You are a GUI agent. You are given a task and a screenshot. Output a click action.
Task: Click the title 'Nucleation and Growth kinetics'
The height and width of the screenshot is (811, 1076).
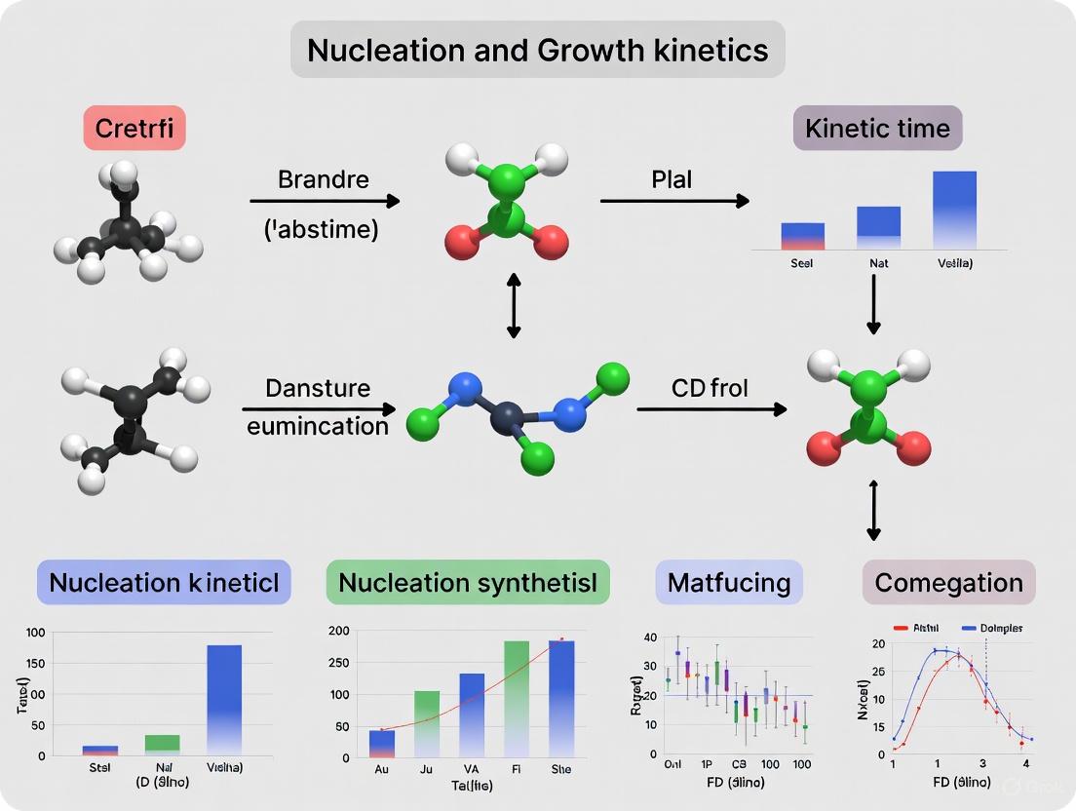537,50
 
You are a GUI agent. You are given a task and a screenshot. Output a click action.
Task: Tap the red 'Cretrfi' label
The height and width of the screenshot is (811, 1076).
135,128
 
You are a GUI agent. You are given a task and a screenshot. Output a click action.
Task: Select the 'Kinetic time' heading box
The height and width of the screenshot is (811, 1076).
877,128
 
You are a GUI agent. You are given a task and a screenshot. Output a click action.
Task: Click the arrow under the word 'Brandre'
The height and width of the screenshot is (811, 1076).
325,201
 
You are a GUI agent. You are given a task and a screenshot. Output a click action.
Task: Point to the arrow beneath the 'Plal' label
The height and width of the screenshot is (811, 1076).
674,201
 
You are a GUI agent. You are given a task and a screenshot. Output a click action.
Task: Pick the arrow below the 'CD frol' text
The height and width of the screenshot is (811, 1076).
711,409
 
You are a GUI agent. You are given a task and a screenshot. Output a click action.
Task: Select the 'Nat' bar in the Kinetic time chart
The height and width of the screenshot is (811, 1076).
878,223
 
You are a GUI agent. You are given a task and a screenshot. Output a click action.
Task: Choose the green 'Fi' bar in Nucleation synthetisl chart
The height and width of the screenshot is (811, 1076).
517,698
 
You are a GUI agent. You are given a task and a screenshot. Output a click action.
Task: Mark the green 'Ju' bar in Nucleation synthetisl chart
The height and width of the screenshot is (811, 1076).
427,722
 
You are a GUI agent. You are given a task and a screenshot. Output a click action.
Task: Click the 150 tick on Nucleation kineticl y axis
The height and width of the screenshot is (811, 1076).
35,664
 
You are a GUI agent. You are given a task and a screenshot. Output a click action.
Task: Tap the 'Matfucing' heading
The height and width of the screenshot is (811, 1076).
729,583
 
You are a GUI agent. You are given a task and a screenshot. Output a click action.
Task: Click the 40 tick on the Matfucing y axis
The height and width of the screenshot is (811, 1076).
650,637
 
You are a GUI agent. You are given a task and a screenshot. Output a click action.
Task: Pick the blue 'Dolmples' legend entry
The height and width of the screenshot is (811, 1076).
992,629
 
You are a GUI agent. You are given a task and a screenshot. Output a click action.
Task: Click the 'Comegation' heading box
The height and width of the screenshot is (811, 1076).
948,583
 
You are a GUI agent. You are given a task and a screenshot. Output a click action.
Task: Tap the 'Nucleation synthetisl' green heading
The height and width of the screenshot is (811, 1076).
468,583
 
